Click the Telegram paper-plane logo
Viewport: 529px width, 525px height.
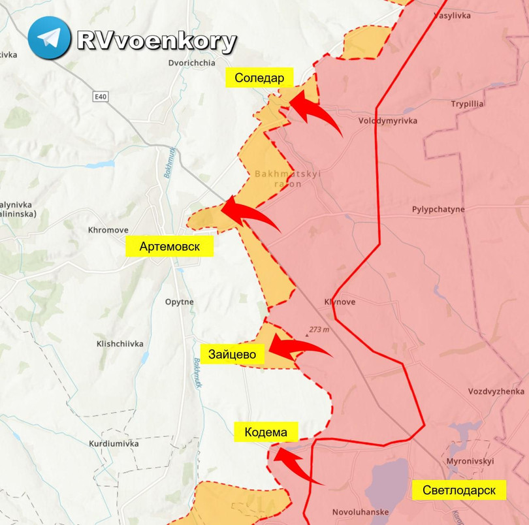[49, 38]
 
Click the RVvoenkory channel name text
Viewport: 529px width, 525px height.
[157, 41]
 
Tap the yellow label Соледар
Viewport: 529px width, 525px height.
[259, 78]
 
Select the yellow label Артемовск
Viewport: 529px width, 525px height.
[169, 247]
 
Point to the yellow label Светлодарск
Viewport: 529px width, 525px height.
[458, 490]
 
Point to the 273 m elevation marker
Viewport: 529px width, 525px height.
[319, 330]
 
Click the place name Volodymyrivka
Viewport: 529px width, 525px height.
[388, 121]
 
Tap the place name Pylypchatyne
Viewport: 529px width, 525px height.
[438, 210]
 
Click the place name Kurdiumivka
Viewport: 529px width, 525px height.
[114, 443]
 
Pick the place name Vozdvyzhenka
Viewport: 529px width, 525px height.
[496, 391]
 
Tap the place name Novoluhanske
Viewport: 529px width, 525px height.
[361, 512]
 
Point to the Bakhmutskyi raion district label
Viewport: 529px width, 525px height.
[287, 179]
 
